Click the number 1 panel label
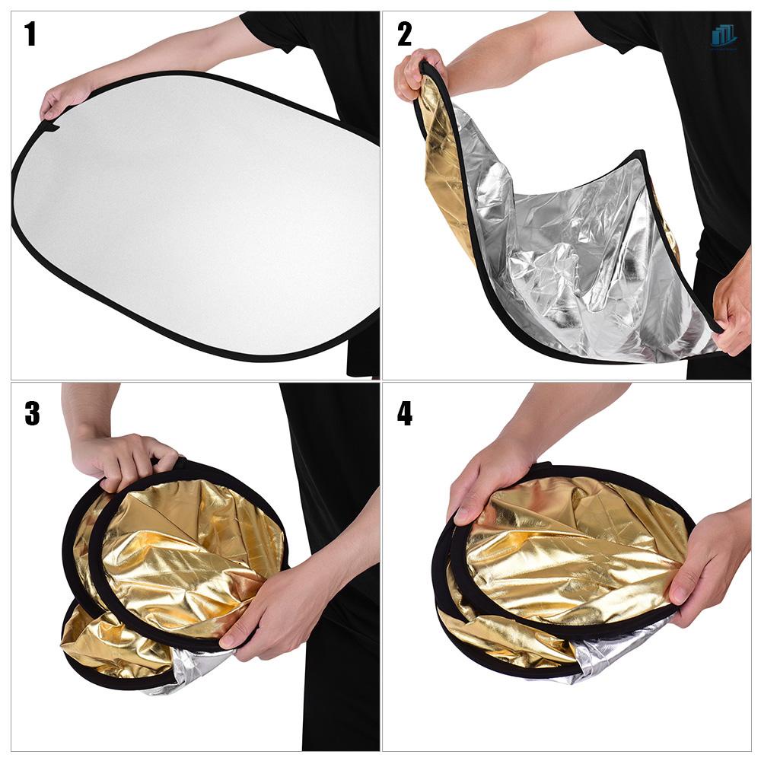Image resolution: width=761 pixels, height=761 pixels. [x=30, y=34]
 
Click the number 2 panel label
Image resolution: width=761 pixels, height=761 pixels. [x=404, y=34]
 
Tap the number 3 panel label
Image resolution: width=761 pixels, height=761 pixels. [x=31, y=412]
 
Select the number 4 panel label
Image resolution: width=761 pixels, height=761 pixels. [x=405, y=412]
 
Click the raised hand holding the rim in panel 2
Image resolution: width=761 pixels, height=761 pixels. [x=418, y=72]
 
